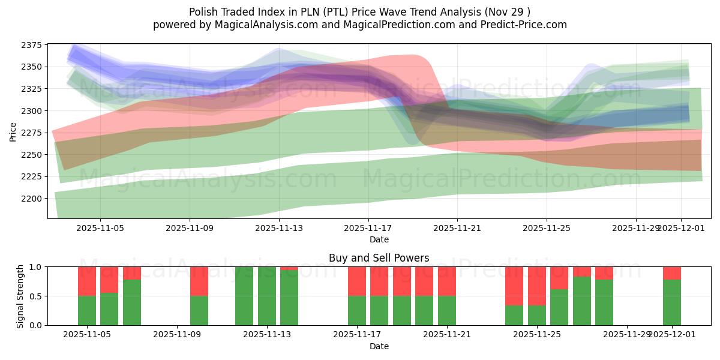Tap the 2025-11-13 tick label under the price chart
(278, 229)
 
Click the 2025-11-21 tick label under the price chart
(457, 229)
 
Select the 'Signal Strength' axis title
(20, 296)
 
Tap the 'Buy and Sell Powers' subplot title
(379, 259)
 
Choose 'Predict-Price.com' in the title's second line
(520, 25)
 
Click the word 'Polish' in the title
(203, 12)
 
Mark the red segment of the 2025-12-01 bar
(672, 273)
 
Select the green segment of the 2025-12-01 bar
(672, 302)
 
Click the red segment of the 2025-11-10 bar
(199, 281)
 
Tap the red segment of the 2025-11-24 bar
(514, 286)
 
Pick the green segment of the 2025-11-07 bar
(132, 302)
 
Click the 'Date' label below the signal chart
(379, 346)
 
